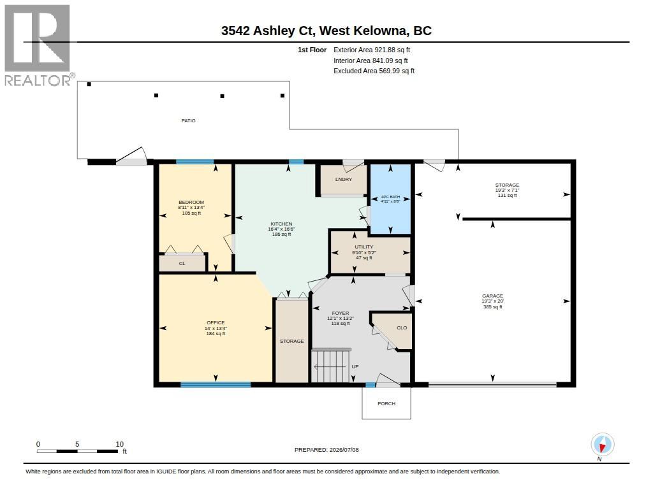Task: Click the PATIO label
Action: (x=188, y=120)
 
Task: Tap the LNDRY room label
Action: (x=344, y=180)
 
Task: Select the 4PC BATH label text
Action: (x=390, y=196)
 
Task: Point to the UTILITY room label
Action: (x=364, y=247)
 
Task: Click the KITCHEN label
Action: (x=281, y=224)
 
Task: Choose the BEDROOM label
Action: (x=191, y=202)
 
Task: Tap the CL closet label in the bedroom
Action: (x=182, y=263)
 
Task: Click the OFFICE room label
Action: (x=216, y=322)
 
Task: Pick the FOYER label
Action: (x=341, y=313)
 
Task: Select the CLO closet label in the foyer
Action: (x=402, y=328)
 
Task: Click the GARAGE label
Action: (x=493, y=296)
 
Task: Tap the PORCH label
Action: (x=386, y=404)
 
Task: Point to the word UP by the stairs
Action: (x=355, y=366)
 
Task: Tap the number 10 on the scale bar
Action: (x=119, y=444)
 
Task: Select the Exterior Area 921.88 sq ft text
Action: (x=372, y=50)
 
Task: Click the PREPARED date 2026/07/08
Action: (x=344, y=450)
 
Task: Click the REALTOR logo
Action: (x=39, y=45)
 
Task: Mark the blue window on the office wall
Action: (x=216, y=385)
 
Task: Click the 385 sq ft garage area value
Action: (x=493, y=307)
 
